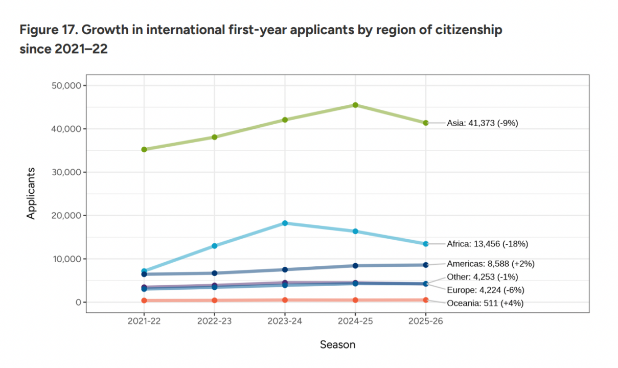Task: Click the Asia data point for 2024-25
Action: pos(355,105)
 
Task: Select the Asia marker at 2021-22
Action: pos(144,149)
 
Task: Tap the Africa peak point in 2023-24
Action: pos(285,223)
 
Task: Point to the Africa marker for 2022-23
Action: pos(215,246)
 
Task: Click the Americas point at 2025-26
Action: pos(426,265)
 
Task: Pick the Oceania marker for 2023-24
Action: pos(285,300)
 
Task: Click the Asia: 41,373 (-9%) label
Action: pos(483,123)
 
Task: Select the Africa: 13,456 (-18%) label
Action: pos(487,244)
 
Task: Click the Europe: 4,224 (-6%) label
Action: pos(486,290)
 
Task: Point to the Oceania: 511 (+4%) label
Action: pos(485,303)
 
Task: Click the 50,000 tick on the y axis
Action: pos(67,85)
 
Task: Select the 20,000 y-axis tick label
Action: pos(67,216)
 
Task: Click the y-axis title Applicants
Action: pos(32,193)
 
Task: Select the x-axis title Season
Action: pos(337,344)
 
